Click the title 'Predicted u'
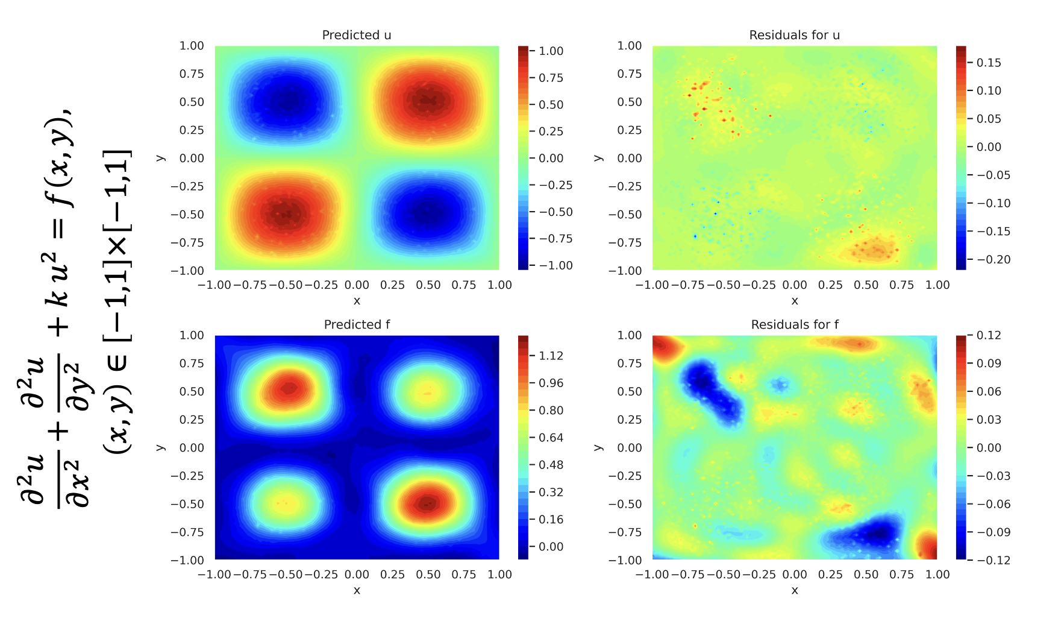pyautogui.click(x=357, y=35)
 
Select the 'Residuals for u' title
pyautogui.click(x=794, y=35)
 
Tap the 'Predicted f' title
pyautogui.click(x=357, y=324)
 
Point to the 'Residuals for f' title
pyautogui.click(x=794, y=324)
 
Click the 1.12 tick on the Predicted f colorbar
pyautogui.click(x=551, y=356)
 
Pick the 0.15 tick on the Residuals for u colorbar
pyautogui.click(x=989, y=63)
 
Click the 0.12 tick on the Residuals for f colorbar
pyautogui.click(x=989, y=335)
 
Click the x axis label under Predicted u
pyautogui.click(x=357, y=301)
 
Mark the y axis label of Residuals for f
pyautogui.click(x=598, y=447)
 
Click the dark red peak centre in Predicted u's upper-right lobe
pyautogui.click(x=427, y=101)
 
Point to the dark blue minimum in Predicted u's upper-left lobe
pyautogui.click(x=287, y=101)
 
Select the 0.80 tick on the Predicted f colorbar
pyautogui.click(x=551, y=411)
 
